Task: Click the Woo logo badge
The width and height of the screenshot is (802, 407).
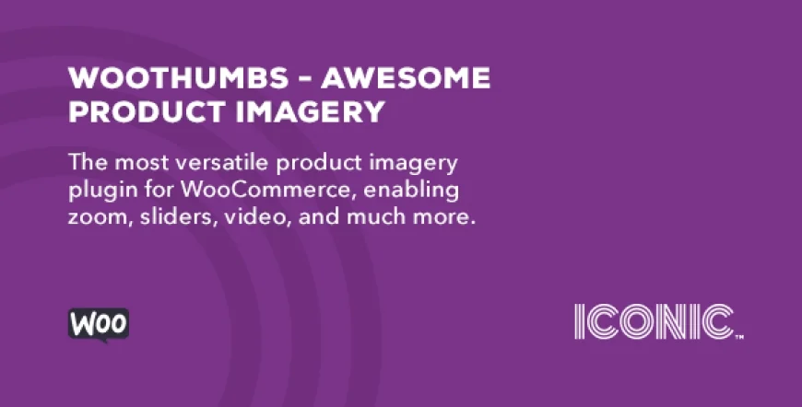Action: point(99,324)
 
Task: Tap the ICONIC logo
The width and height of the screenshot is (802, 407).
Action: point(654,321)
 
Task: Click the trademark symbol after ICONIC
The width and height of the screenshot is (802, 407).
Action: point(739,336)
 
